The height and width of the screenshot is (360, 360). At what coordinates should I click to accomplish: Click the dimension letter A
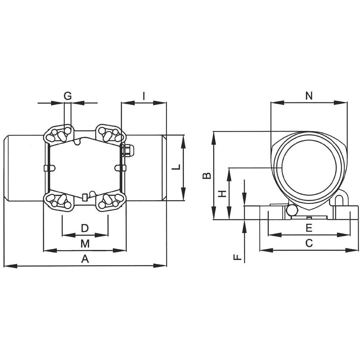point(85,259)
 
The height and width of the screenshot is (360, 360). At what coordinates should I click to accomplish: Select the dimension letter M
point(85,243)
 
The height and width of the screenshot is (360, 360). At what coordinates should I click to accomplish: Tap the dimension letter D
point(85,228)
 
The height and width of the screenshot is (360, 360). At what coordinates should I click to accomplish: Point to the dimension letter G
point(68,96)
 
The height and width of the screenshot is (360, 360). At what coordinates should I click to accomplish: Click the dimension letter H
point(223,194)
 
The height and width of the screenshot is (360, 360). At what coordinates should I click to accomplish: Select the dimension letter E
point(309,228)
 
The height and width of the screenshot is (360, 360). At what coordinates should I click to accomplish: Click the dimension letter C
point(309,243)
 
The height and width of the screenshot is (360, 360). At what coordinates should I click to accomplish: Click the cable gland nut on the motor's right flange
point(128,150)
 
